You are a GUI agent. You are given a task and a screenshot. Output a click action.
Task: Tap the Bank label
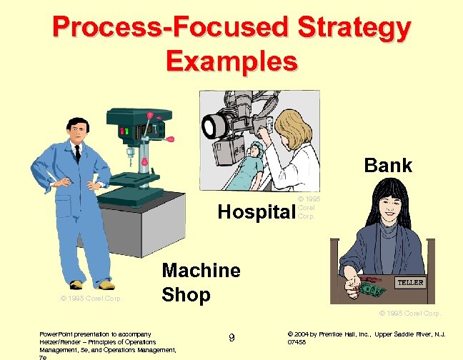(388, 166)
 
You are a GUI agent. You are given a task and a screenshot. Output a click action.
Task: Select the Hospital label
(257, 211)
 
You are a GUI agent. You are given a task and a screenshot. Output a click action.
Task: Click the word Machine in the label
(201, 271)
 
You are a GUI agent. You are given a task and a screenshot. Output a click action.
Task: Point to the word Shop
(186, 294)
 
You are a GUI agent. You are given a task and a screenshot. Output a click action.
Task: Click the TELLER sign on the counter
(410, 282)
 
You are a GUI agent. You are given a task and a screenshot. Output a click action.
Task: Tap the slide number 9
(231, 337)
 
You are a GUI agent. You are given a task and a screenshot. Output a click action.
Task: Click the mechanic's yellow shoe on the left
(76, 284)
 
